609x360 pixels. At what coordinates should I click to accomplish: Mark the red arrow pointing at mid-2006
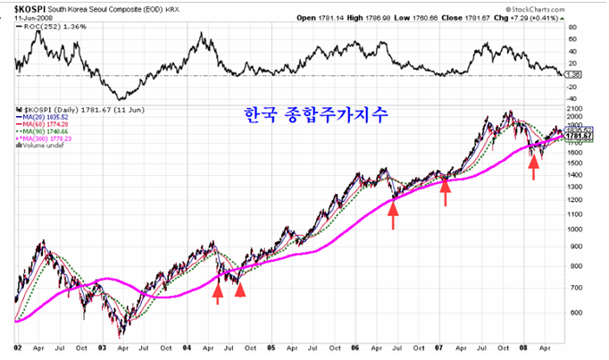393,215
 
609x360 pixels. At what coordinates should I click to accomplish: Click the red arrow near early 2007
445,190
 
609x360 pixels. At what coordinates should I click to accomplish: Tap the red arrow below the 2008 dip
533,166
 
